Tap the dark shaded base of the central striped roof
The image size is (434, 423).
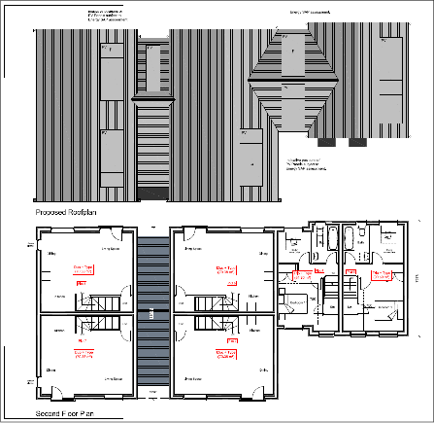tap(156, 190)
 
